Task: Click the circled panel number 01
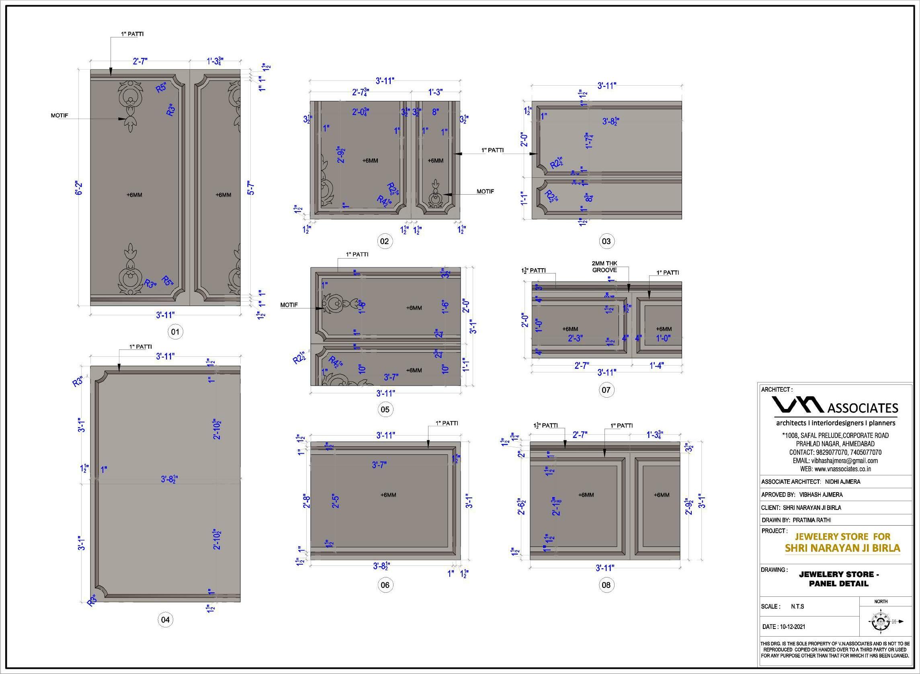pos(175,332)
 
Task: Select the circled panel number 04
pos(165,620)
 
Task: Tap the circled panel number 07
pos(606,390)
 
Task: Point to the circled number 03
pos(606,241)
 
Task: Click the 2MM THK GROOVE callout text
pos(604,267)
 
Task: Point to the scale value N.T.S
pos(797,618)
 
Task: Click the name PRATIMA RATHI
pos(811,520)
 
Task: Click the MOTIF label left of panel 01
pos(59,115)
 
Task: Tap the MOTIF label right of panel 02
pos(485,191)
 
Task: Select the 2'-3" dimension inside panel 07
pos(576,338)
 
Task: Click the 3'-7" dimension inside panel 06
pos(379,464)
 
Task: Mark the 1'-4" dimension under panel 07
pos(657,366)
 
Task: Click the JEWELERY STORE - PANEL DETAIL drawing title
pos(839,579)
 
